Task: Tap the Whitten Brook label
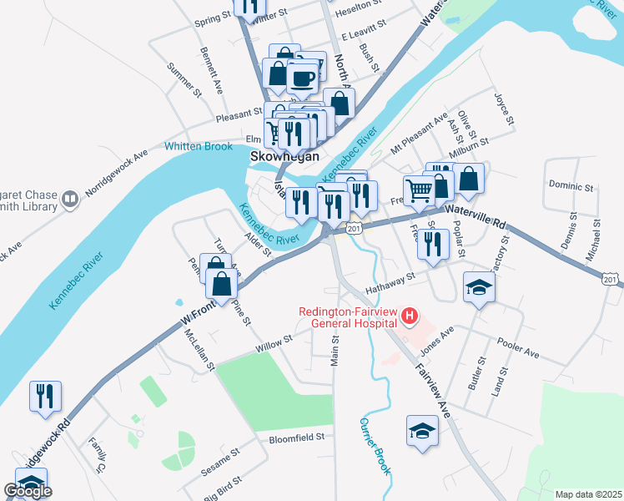click(x=199, y=146)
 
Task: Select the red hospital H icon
click(x=410, y=316)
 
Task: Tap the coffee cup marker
click(x=302, y=79)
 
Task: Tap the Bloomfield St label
click(x=295, y=438)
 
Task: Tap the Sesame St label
click(x=220, y=462)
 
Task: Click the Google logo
click(x=28, y=491)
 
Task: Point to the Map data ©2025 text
click(x=588, y=494)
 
